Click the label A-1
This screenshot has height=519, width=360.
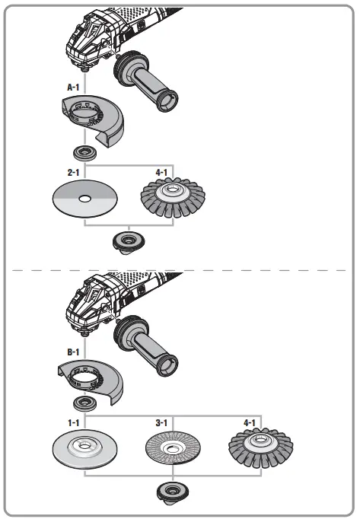tap(74, 88)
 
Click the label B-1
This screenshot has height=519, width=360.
tap(74, 352)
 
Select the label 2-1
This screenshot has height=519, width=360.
tap(74, 173)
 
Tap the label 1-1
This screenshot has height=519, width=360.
tap(74, 421)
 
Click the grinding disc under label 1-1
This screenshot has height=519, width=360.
tap(85, 450)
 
